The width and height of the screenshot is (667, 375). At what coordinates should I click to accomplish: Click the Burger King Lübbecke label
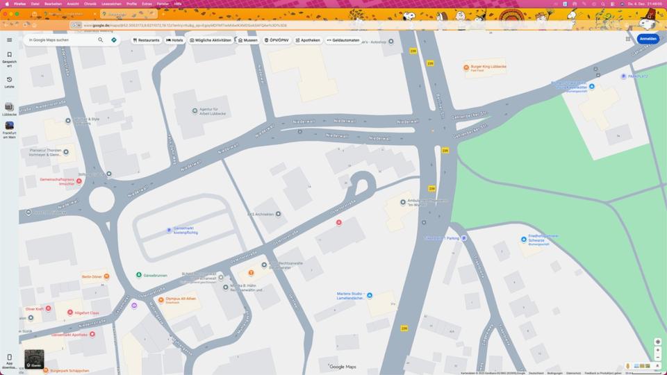488,67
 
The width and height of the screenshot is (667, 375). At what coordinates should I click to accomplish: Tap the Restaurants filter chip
147,40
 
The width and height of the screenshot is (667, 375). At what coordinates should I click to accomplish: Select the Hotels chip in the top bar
174,40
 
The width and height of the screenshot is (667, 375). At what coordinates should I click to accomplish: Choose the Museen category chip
247,40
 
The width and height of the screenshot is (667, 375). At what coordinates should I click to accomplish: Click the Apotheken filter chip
308,40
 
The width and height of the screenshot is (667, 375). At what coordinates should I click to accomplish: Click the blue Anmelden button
648,39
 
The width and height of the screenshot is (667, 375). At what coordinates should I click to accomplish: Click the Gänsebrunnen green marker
139,275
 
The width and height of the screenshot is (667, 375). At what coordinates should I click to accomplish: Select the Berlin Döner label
92,276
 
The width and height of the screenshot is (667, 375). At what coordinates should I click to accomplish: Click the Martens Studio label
351,295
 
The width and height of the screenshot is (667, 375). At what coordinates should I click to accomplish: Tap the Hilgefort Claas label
86,312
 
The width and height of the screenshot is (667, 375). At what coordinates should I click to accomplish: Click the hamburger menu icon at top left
9,40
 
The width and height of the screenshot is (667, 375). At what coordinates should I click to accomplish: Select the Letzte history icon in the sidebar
9,80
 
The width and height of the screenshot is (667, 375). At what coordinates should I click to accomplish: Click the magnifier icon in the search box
101,40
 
